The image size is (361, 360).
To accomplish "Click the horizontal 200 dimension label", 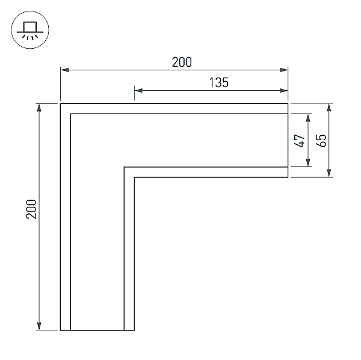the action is [182, 62].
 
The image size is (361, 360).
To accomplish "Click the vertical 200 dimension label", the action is [31, 209].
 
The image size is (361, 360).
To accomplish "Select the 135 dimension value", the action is [219, 82].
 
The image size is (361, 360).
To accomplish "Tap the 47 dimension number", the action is [300, 141].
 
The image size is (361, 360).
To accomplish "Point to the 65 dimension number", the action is [321, 140].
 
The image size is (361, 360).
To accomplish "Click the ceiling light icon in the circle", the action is [30, 30].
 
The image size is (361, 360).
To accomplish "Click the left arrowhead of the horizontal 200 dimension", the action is [64, 70].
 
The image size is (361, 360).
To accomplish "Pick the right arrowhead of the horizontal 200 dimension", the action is [284, 70].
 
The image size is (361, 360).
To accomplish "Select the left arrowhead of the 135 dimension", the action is [138, 90].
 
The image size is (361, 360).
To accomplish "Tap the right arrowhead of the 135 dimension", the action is [284, 90].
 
